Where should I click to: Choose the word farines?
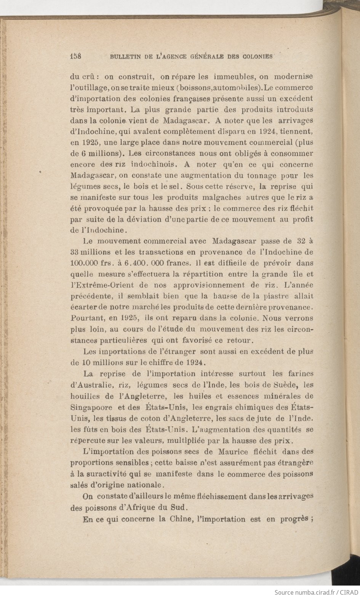[x=299, y=373]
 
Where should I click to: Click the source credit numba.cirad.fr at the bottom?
[x=304, y=592]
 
